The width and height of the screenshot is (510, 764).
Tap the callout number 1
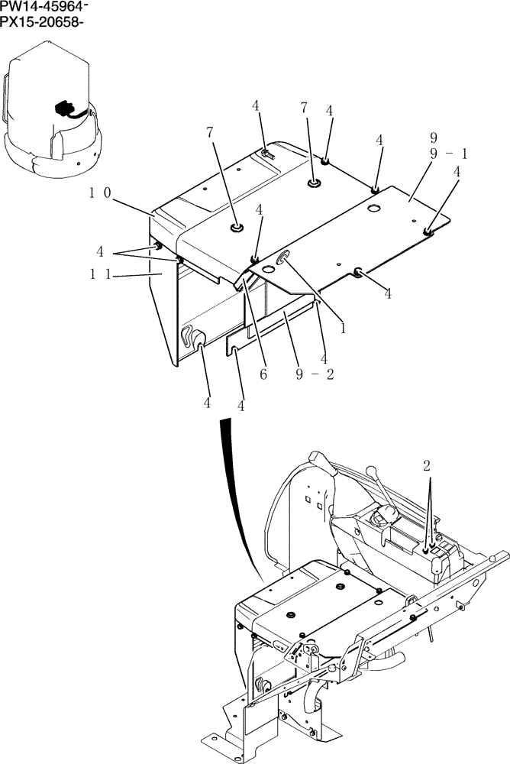[344, 329]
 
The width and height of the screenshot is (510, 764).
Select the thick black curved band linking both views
[237, 489]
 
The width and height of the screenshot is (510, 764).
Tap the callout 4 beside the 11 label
[100, 250]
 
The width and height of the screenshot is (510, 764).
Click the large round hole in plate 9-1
[373, 208]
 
